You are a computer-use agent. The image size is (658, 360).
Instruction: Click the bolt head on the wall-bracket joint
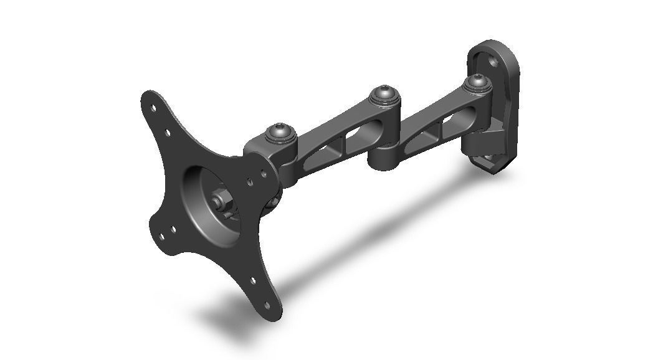[477, 82]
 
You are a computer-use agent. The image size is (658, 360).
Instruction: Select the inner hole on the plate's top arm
[167, 132]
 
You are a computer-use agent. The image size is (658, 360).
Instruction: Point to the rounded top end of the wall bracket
[492, 47]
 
